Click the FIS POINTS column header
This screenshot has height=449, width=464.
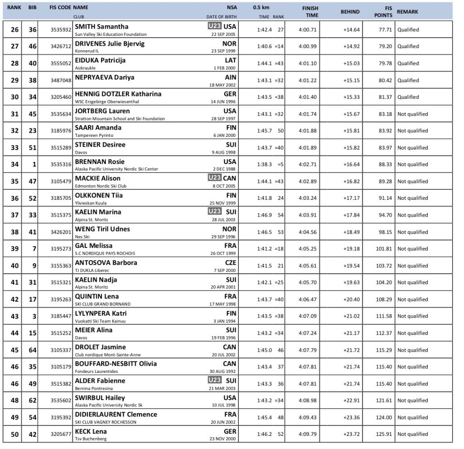383,12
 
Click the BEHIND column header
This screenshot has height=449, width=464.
350,12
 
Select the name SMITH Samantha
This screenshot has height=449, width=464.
101,27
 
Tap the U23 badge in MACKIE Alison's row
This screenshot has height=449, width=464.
214,178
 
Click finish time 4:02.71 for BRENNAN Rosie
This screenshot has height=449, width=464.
308,164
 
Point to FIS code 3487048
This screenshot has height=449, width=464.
61,80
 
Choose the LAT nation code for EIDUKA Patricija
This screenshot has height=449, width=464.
231,60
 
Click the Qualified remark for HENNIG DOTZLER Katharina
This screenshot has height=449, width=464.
408,97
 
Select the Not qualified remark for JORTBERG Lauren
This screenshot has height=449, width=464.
412,114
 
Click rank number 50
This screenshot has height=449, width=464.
15,435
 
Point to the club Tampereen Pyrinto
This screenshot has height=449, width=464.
94,135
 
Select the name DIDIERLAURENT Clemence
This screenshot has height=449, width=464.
116,415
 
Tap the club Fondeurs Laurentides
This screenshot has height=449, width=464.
97,372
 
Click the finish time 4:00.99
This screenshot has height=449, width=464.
308,46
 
